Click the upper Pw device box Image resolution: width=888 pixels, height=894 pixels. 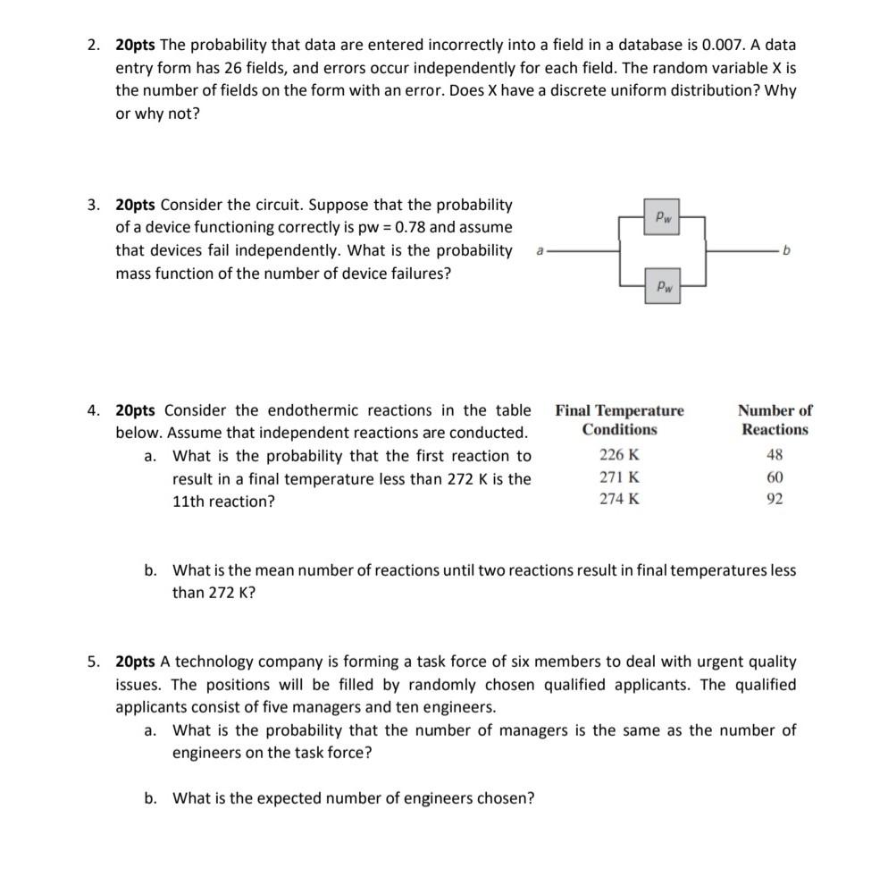(x=662, y=216)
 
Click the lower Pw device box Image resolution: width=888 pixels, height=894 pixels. (x=662, y=286)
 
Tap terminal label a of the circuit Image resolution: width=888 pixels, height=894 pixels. (x=539, y=252)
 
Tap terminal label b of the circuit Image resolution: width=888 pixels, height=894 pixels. (x=786, y=252)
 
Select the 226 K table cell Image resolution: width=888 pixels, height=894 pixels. (x=619, y=454)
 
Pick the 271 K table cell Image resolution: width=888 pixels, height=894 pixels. (x=619, y=477)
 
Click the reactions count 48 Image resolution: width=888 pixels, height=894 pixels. (x=775, y=454)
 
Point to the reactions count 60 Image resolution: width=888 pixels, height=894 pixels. (x=775, y=477)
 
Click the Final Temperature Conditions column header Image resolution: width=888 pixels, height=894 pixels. (x=619, y=420)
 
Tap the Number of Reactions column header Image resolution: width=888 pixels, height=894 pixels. (x=775, y=420)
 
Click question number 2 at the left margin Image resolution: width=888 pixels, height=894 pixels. (x=94, y=44)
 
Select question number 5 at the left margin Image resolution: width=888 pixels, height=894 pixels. (x=94, y=662)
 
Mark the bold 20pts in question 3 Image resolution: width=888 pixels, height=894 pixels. (x=135, y=205)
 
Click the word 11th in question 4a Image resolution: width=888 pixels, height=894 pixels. (x=190, y=502)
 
